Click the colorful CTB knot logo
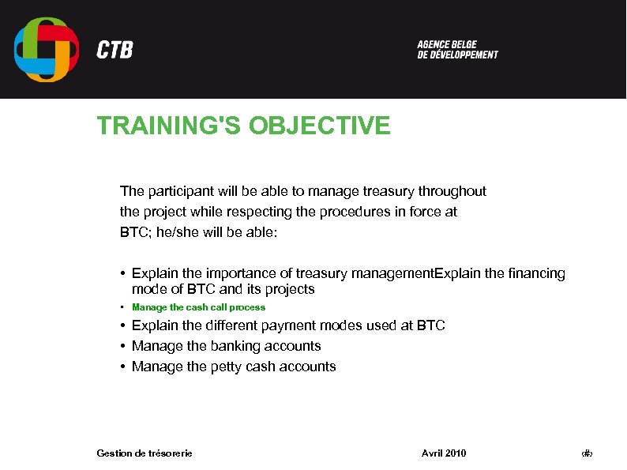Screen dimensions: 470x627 [x=47, y=50]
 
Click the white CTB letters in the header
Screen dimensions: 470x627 [x=115, y=51]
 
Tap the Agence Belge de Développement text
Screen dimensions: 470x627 [x=457, y=50]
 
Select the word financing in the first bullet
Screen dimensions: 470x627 [x=537, y=273]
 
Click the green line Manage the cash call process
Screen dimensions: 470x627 [x=198, y=307]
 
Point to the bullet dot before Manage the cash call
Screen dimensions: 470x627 [x=123, y=307]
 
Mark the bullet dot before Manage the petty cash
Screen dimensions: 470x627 [x=123, y=367]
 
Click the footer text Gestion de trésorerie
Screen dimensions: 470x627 [x=145, y=453]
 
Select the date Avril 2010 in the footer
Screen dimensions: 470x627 [x=444, y=453]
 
